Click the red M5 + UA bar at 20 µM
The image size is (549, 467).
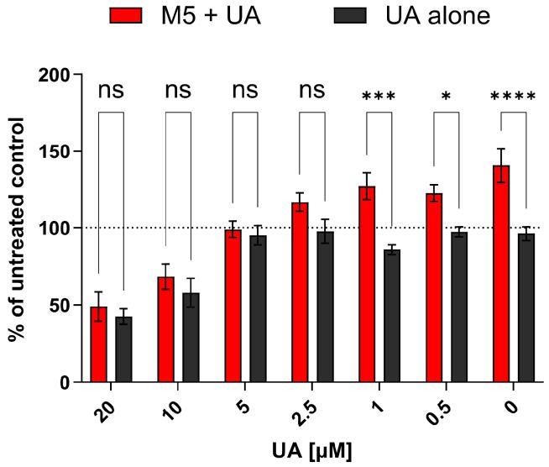(99, 344)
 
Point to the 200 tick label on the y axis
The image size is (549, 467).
(57, 75)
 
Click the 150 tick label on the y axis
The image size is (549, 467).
(57, 152)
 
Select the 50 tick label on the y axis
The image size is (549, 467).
(62, 306)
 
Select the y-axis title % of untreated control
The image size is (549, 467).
(17, 228)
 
